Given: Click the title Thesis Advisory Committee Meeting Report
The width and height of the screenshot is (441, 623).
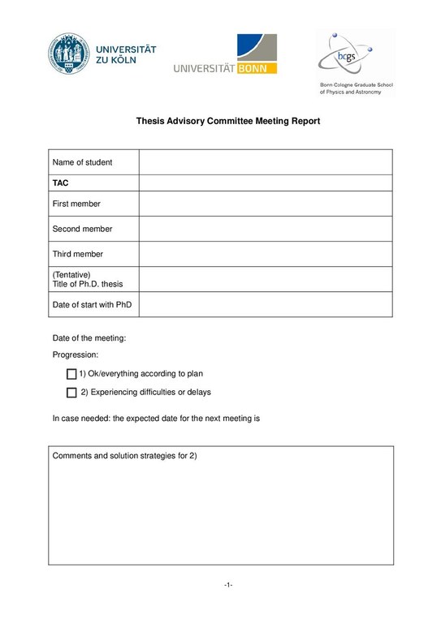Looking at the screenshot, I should tap(227, 121).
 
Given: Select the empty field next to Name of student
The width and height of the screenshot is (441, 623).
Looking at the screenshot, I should tap(266, 162).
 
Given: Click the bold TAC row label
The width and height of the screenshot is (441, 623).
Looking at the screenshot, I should tap(60, 183).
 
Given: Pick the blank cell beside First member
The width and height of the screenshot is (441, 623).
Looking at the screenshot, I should tap(266, 204).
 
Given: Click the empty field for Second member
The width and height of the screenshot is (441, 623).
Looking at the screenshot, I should tap(266, 229).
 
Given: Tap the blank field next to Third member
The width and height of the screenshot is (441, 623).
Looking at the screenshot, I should tap(266, 254).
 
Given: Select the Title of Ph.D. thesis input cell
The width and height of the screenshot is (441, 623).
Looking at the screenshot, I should tap(266, 279).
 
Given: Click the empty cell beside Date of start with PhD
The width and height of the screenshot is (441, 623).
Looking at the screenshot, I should tap(266, 304).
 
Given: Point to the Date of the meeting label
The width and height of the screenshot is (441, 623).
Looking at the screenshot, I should tap(89, 338).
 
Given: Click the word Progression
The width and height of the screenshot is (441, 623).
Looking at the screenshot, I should tap(75, 354).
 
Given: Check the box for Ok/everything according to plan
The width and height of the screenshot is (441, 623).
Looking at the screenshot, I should tap(71, 374).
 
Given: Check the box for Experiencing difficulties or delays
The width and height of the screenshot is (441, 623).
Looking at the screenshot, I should tap(71, 393).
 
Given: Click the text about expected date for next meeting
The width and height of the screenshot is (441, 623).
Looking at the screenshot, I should tap(155, 419).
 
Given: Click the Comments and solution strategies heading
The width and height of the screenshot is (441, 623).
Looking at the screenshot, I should tap(124, 456).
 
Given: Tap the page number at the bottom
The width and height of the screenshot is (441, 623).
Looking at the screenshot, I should tap(228, 585).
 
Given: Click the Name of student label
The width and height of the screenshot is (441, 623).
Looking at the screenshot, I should tap(82, 162).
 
